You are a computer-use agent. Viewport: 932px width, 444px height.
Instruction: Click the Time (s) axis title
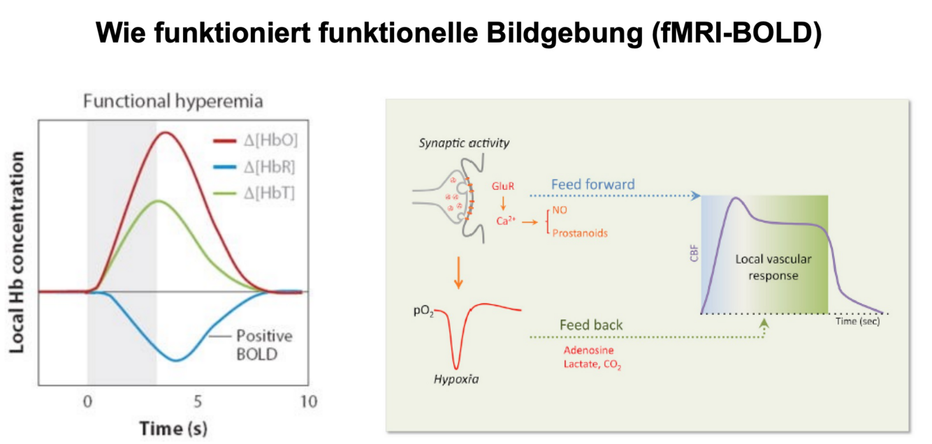tap(173, 427)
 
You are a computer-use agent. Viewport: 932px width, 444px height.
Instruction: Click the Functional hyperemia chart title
tap(173, 101)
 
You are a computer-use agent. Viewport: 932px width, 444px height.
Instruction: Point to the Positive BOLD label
tap(263, 345)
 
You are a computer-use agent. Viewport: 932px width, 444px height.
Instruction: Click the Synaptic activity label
tap(464, 144)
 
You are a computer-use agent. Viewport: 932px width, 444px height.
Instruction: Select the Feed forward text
tap(593, 185)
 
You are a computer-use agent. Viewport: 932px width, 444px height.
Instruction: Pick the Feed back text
tap(591, 325)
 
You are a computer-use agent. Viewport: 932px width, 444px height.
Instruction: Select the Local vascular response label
tap(773, 267)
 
